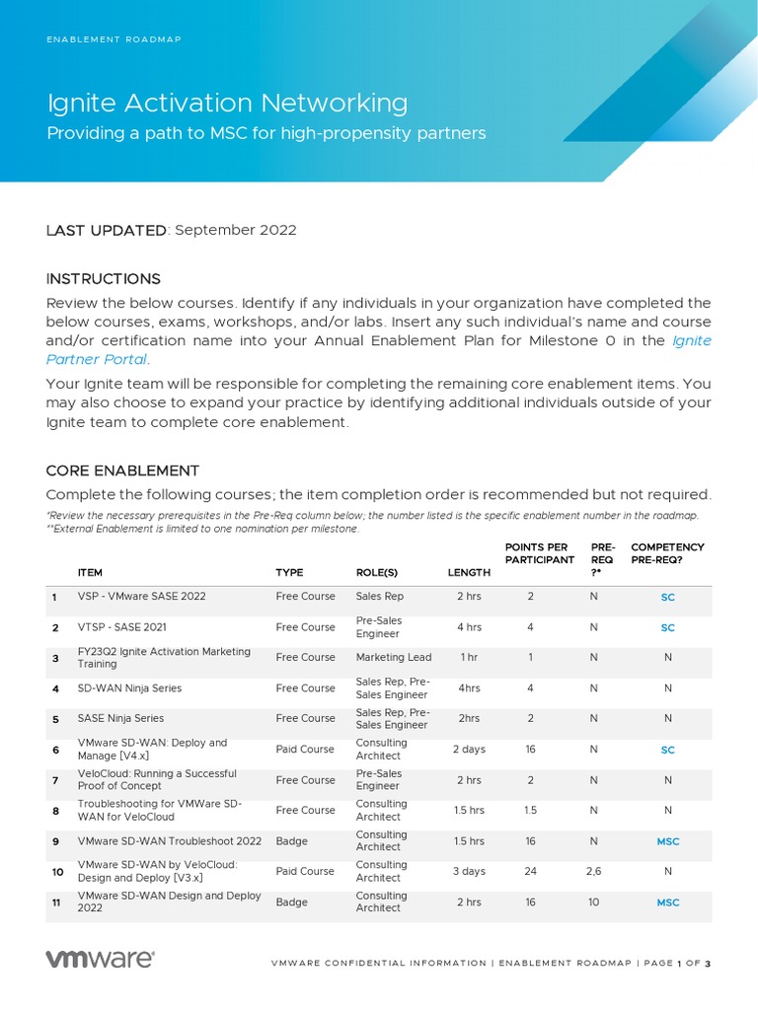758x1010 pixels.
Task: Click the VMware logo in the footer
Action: pyautogui.click(x=100, y=959)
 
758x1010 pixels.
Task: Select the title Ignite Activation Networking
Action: pyautogui.click(x=227, y=103)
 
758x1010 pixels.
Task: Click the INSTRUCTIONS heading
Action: pyautogui.click(x=104, y=279)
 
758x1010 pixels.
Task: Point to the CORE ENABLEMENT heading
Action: pyautogui.click(x=122, y=470)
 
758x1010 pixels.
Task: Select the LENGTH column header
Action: pyautogui.click(x=469, y=572)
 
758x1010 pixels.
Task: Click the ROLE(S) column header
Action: pyautogui.click(x=376, y=572)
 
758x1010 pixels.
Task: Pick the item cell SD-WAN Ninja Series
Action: pyautogui.click(x=129, y=688)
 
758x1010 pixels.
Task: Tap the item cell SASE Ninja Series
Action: pyautogui.click(x=120, y=718)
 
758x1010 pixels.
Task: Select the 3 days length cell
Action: pyautogui.click(x=469, y=871)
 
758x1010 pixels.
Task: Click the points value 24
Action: pyautogui.click(x=531, y=871)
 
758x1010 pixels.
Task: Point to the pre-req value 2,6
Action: pyautogui.click(x=593, y=871)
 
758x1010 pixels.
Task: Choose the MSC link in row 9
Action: pyautogui.click(x=668, y=841)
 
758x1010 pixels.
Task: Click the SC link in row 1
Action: pyautogui.click(x=668, y=597)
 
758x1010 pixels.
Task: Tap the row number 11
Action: pyautogui.click(x=56, y=902)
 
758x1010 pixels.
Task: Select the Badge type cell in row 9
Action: pyautogui.click(x=291, y=841)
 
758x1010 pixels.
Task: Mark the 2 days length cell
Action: pyautogui.click(x=469, y=750)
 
